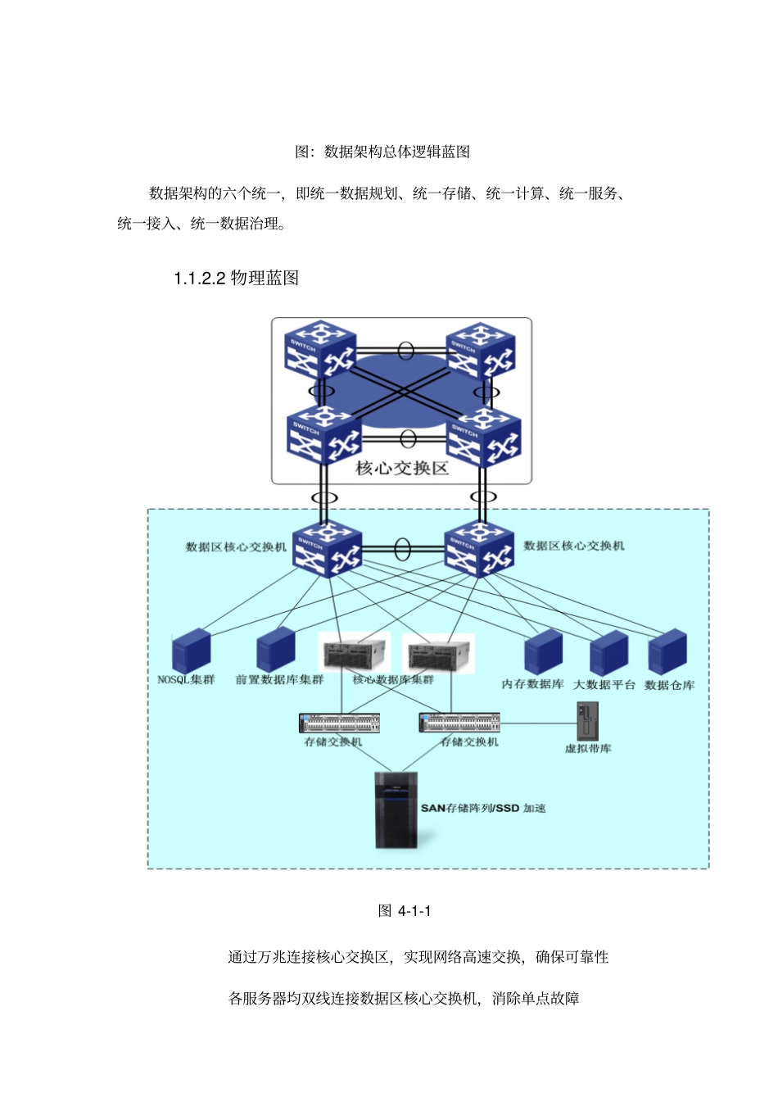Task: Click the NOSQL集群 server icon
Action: tap(191, 651)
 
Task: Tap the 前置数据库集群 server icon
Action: tap(275, 651)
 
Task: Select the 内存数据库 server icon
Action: tap(542, 653)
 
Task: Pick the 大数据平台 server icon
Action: tap(608, 654)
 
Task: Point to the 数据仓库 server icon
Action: tap(667, 652)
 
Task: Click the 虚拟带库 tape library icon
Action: tap(587, 722)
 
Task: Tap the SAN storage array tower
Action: tap(396, 809)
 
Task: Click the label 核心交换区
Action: tap(402, 468)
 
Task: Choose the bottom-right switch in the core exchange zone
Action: tap(484, 438)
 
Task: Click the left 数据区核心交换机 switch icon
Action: tap(327, 550)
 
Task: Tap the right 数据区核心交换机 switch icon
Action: tap(479, 549)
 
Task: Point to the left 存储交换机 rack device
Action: tap(339, 723)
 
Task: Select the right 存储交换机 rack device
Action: tap(459, 722)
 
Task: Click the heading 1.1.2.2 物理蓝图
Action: tap(236, 278)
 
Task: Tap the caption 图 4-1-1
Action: tap(405, 911)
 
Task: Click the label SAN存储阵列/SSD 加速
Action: tap(483, 808)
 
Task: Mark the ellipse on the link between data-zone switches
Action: tap(402, 549)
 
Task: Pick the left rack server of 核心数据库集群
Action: tap(355, 654)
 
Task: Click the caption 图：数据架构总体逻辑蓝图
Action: tap(382, 152)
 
